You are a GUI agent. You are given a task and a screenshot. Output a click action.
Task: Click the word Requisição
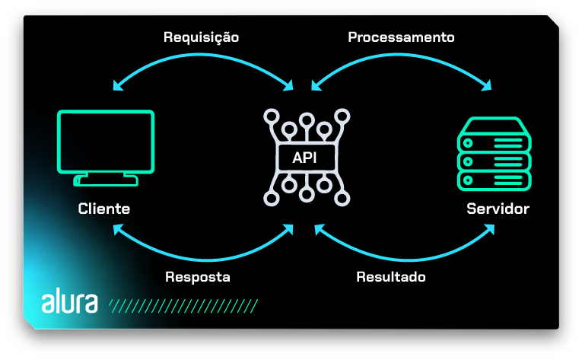pos(201,37)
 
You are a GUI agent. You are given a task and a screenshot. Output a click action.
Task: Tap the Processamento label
pos(401,37)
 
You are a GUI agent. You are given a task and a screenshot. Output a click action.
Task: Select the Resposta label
pos(198,277)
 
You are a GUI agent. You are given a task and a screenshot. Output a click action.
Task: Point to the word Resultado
pos(391,277)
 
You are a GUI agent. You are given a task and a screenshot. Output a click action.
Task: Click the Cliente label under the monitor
pos(104,209)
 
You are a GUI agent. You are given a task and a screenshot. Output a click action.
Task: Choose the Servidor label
pos(498,209)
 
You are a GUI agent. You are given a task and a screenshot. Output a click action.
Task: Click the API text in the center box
pos(305,158)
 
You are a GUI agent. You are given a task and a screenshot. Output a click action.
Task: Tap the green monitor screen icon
pos(106,142)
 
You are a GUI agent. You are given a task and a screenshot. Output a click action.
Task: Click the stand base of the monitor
pos(106,181)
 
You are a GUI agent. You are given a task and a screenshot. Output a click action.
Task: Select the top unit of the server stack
pos(494,142)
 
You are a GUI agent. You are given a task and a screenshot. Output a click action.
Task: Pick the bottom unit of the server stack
pos(494,181)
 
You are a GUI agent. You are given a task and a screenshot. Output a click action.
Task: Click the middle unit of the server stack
pos(494,162)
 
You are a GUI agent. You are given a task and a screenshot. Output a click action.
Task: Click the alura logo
pos(69,302)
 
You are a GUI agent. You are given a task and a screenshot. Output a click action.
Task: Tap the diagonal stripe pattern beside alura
pos(183,306)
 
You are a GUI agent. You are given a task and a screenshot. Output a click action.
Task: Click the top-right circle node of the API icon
pos(343,116)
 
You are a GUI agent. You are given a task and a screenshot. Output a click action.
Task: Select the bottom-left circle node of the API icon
pos(269,199)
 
